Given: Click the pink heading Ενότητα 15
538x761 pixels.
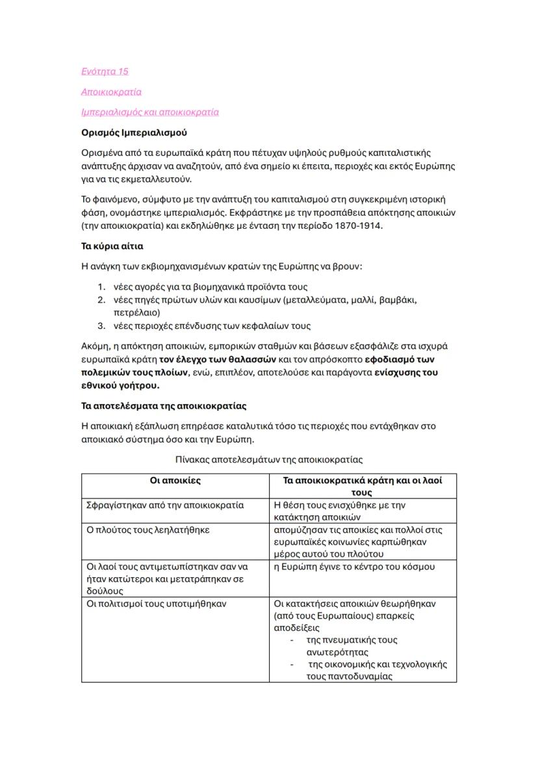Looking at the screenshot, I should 105,71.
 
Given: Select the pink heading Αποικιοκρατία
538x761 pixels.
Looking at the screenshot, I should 111,92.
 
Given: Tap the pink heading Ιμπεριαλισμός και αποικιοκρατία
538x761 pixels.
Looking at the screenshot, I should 149,112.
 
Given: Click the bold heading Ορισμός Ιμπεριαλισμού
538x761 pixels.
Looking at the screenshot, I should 134,133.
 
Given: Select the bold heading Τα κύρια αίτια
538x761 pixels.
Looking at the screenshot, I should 112,246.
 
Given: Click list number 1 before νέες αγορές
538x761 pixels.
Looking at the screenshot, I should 101,287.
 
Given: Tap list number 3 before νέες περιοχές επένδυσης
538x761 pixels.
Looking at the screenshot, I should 101,326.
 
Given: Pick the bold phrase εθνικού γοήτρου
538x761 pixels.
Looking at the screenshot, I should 120,385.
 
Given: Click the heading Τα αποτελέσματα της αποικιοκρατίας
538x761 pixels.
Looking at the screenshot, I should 164,406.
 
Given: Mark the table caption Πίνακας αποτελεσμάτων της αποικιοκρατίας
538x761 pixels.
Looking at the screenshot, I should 269,459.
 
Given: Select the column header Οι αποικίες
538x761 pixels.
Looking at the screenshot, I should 175,481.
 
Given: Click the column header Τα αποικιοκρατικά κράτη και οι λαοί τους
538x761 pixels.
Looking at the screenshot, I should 363,487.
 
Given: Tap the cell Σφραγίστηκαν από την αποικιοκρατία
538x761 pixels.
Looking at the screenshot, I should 165,505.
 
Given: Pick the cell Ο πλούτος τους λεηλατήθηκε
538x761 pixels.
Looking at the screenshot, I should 148,530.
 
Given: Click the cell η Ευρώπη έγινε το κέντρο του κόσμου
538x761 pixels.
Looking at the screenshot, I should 354,567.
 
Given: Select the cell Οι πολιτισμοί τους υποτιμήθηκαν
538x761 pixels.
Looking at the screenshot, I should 156,604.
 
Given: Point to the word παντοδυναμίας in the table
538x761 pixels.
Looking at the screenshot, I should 349,676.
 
